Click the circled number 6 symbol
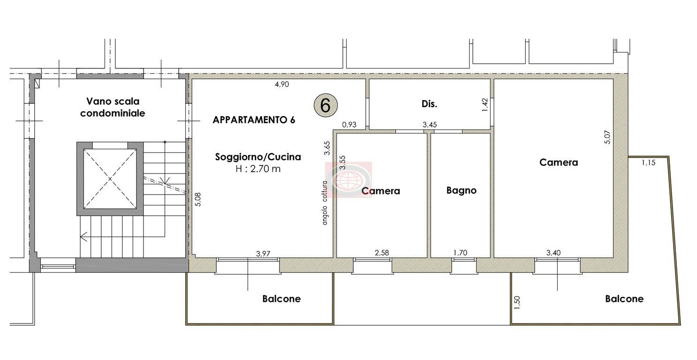click(x=326, y=105)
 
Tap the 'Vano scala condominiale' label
click(x=113, y=107)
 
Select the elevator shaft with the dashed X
click(x=110, y=179)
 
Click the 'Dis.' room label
click(x=429, y=104)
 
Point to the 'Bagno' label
click(x=462, y=190)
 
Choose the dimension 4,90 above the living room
click(x=282, y=84)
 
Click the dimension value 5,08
click(x=198, y=199)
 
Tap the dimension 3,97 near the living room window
click(x=263, y=254)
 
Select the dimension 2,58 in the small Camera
click(x=382, y=253)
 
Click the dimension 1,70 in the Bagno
click(x=460, y=253)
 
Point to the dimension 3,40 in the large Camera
click(x=553, y=253)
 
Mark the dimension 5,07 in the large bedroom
click(x=607, y=137)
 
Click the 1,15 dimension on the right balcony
click(x=649, y=163)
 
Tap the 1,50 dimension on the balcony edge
click(x=517, y=302)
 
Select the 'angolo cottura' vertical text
click(x=325, y=203)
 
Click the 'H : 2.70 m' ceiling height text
click(x=258, y=169)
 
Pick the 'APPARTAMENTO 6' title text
click(x=254, y=120)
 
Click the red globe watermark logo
click(x=348, y=180)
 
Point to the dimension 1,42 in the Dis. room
click(x=485, y=105)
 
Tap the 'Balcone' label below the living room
click(x=281, y=299)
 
